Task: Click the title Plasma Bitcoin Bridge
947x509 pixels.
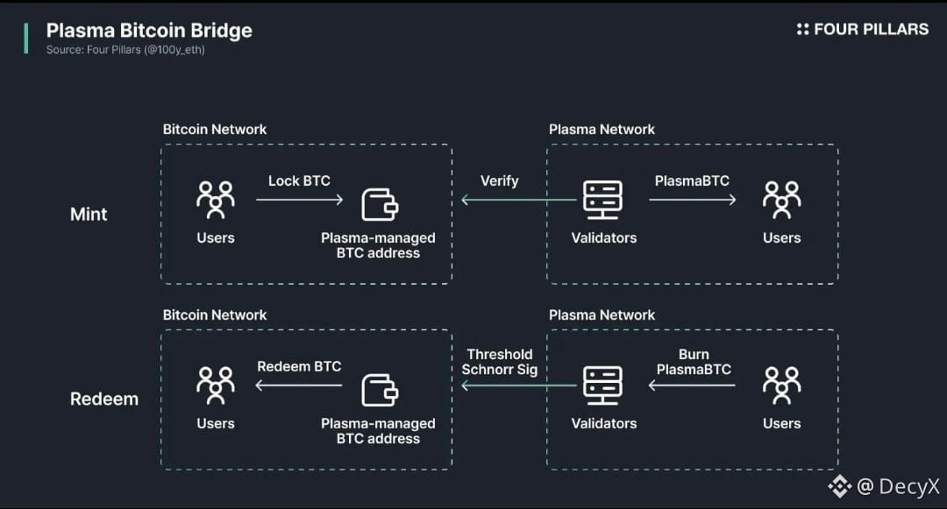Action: click(x=149, y=30)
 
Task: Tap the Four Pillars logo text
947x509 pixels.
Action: click(x=870, y=29)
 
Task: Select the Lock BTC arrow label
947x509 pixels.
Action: click(x=299, y=181)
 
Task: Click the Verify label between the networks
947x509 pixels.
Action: click(x=499, y=181)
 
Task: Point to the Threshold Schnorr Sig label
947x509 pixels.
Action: click(x=499, y=362)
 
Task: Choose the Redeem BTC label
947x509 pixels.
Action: click(x=299, y=366)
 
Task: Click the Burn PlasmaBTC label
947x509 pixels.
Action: click(x=694, y=362)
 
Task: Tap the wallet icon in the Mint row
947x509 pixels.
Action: click(x=380, y=203)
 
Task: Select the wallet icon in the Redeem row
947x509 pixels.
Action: click(x=380, y=389)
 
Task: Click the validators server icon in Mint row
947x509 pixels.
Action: click(x=603, y=201)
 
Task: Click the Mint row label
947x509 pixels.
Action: click(x=89, y=214)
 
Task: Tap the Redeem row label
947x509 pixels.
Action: click(x=104, y=399)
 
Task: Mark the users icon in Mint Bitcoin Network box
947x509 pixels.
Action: click(x=216, y=200)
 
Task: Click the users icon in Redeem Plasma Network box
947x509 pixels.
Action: click(x=781, y=385)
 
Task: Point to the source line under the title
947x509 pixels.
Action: click(x=125, y=50)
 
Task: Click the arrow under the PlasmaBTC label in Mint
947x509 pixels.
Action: click(x=693, y=201)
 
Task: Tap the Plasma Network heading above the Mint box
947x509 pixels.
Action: click(x=602, y=130)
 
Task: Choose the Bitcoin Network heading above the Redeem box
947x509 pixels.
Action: click(x=215, y=315)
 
